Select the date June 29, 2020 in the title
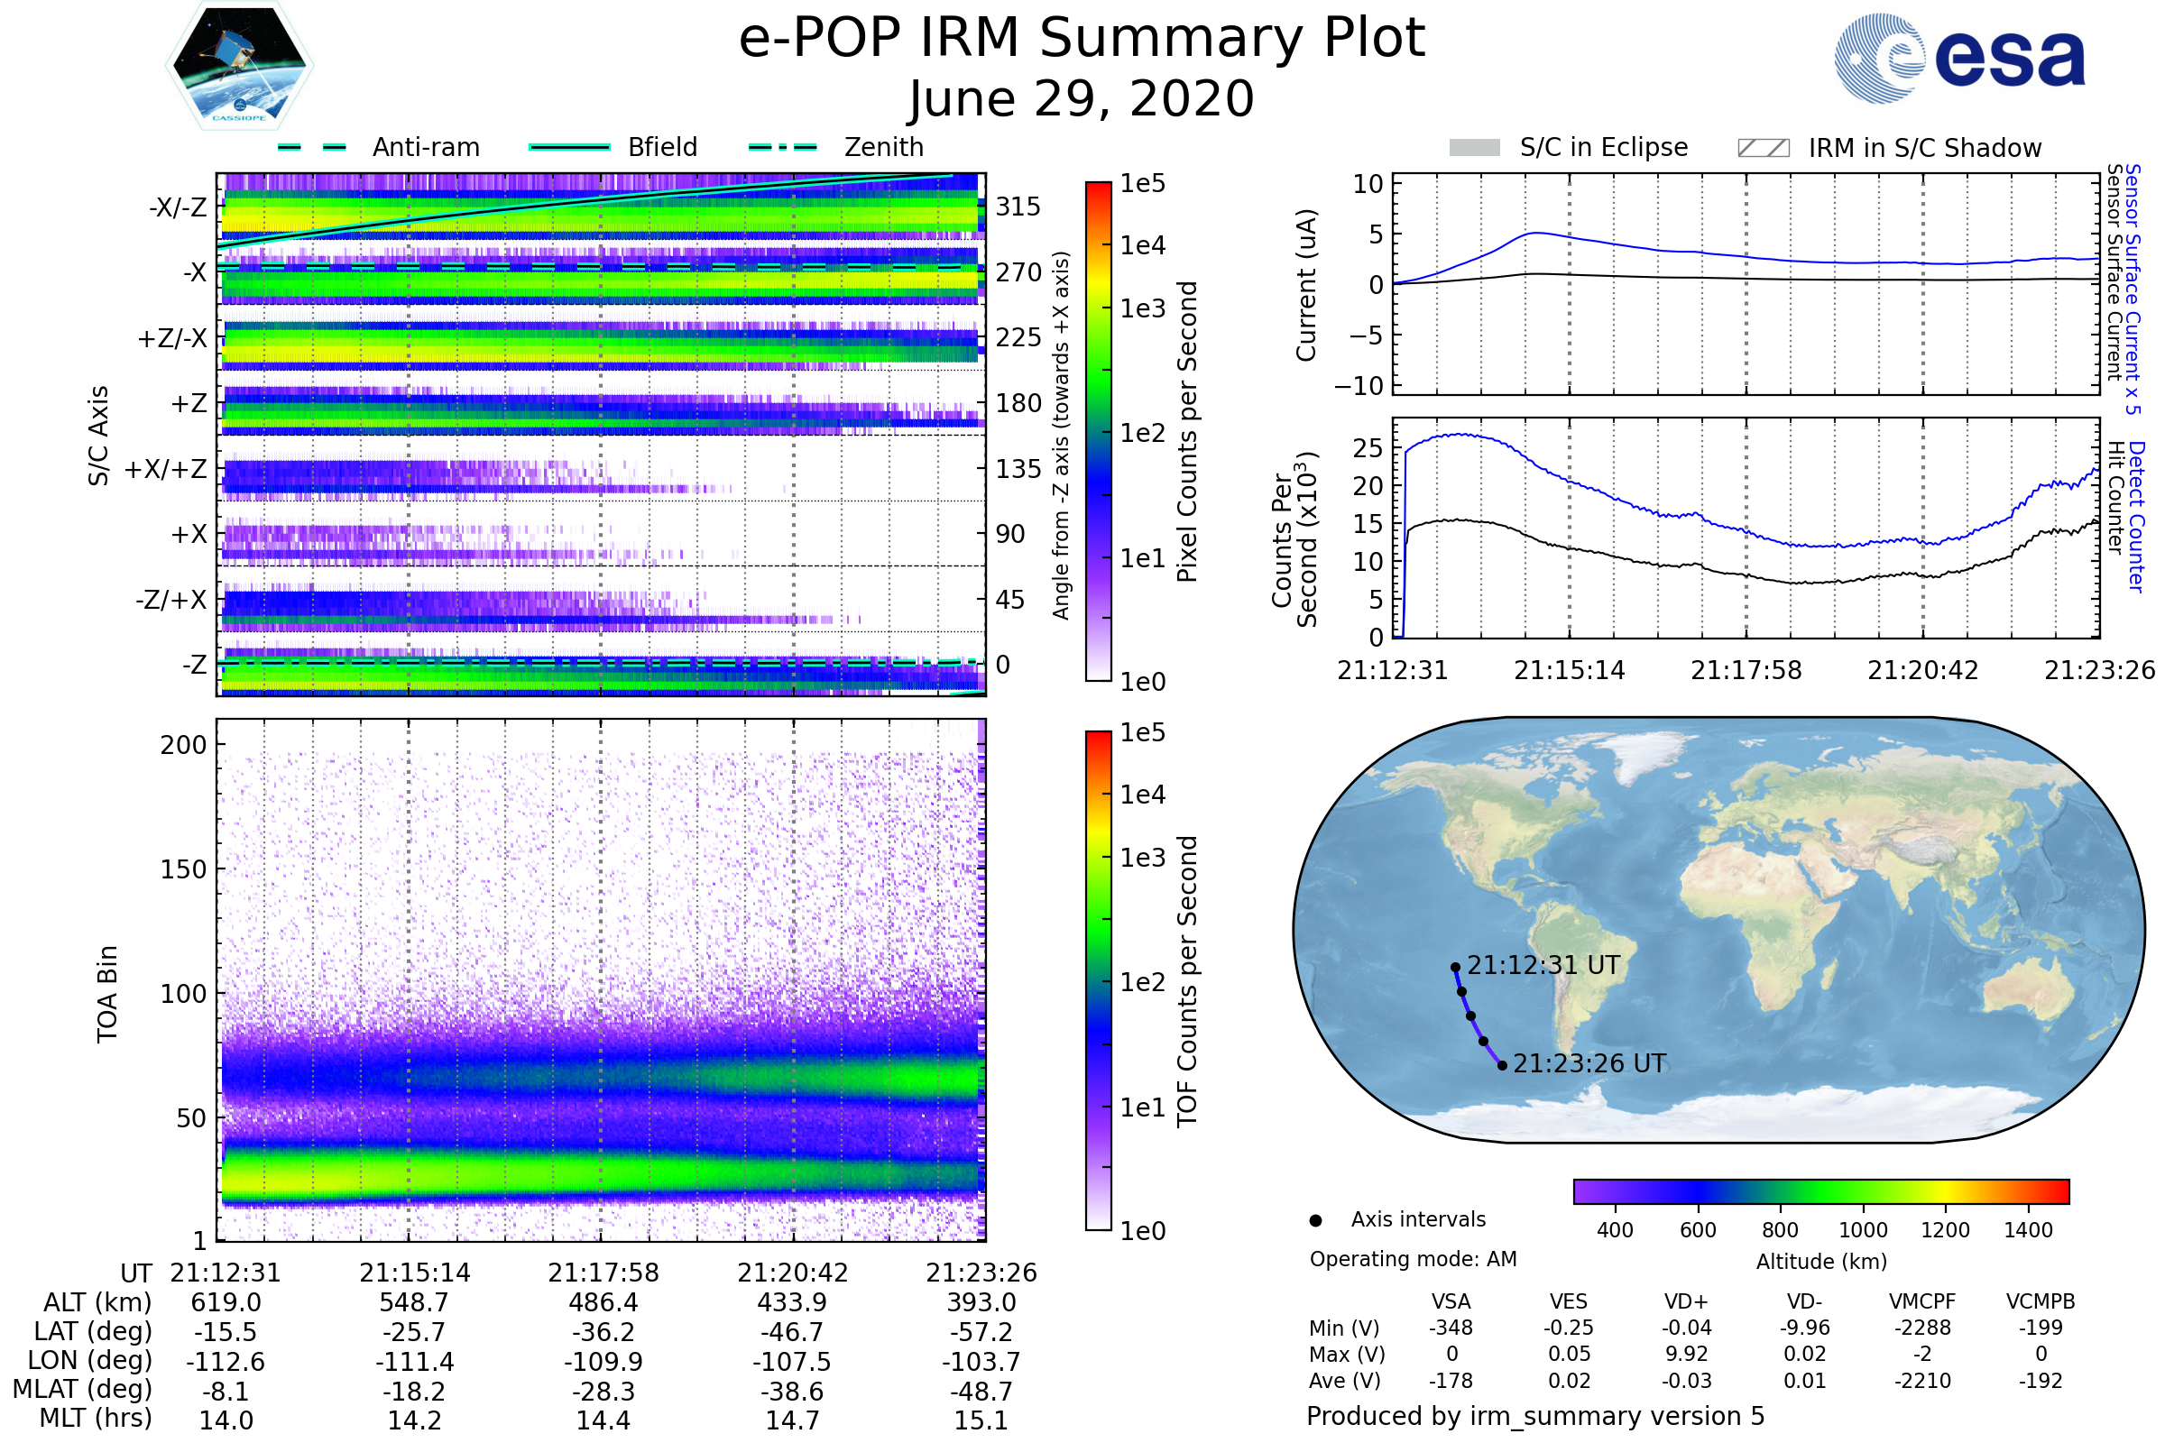point(1082,98)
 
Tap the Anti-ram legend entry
point(425,147)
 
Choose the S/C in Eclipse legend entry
point(1603,147)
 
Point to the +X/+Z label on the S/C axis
point(166,469)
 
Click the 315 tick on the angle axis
point(1018,207)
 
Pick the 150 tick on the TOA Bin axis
point(183,869)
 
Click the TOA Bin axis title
point(106,994)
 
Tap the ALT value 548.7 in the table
point(414,1302)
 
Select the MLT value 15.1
point(981,1420)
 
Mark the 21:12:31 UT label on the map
point(1543,965)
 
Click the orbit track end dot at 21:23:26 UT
point(1502,1066)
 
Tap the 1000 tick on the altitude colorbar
point(1862,1230)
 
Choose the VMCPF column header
point(1922,1301)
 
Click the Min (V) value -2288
point(1922,1328)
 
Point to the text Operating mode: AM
point(1413,1259)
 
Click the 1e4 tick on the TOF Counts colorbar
point(1142,795)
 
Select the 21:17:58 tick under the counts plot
point(1746,670)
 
